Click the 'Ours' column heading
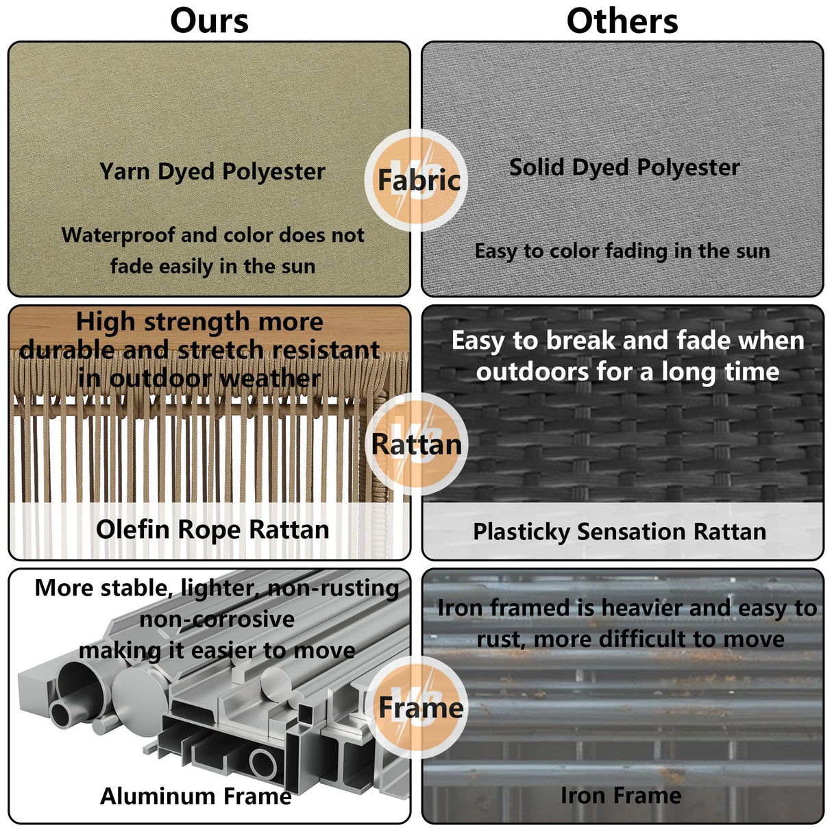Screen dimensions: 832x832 pos(209,21)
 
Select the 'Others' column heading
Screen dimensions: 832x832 pos(622,21)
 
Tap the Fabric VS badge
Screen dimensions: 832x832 pos(417,180)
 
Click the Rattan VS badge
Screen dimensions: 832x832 pos(417,444)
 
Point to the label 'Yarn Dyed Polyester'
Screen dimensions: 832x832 pos(212,171)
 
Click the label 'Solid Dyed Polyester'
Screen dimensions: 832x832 pos(624,167)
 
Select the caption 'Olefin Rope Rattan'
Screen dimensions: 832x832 pos(212,530)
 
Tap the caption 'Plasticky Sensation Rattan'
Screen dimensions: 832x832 pos(620,532)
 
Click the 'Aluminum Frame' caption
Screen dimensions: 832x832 pos(196,796)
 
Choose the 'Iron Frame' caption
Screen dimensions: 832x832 pos(621,795)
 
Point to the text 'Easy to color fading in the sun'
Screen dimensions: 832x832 pos(622,252)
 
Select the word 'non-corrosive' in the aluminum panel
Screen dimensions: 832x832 pos(217,620)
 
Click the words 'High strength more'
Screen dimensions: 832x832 pos(199,321)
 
